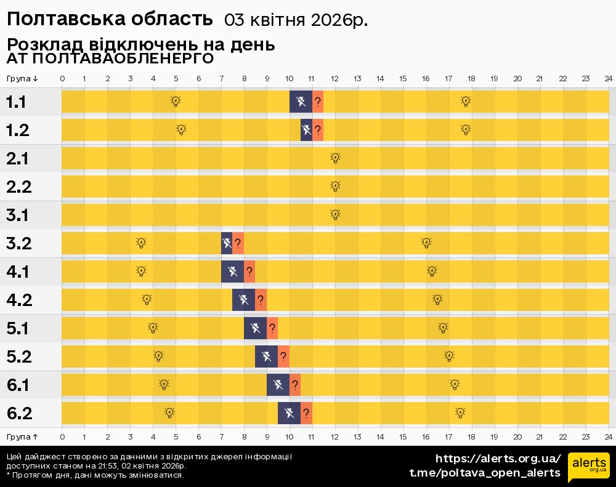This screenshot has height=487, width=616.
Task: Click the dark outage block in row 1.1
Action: click(301, 102)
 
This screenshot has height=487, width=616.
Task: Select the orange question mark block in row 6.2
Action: click(306, 413)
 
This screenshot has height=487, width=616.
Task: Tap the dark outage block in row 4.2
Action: click(243, 300)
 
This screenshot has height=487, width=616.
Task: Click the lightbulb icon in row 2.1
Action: click(335, 158)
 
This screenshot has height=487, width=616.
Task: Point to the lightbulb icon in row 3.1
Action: click(335, 215)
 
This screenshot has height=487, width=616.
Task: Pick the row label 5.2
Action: click(18, 356)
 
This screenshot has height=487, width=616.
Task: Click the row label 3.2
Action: click(18, 243)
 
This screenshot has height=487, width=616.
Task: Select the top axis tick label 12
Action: click(334, 78)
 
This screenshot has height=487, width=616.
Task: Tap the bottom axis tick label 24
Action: click(608, 437)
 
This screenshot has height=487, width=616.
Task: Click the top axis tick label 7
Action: click(221, 78)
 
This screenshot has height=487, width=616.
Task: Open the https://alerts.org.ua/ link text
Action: click(498, 459)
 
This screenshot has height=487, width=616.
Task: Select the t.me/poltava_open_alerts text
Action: click(485, 473)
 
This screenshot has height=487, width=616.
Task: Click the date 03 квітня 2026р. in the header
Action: click(296, 20)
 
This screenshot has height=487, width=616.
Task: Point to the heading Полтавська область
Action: click(110, 19)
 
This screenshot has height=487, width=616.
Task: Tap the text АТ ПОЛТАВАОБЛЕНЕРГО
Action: click(110, 58)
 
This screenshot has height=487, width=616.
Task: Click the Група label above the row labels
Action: click(22, 78)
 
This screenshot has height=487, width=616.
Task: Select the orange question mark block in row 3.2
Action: click(238, 243)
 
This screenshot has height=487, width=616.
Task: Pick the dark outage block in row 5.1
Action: click(255, 328)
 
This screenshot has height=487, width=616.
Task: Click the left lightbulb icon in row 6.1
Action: click(164, 385)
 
